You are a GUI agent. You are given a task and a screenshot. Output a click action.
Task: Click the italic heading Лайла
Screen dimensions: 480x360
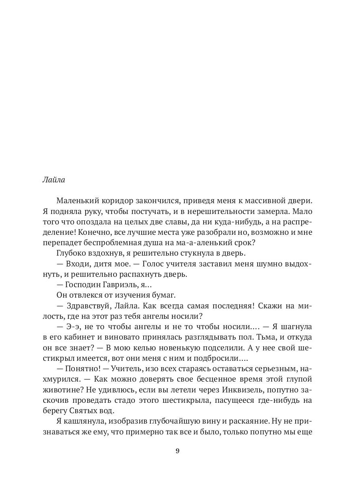click(x=53, y=180)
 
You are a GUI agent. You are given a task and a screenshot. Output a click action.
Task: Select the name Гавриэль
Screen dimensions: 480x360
click(x=116, y=284)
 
